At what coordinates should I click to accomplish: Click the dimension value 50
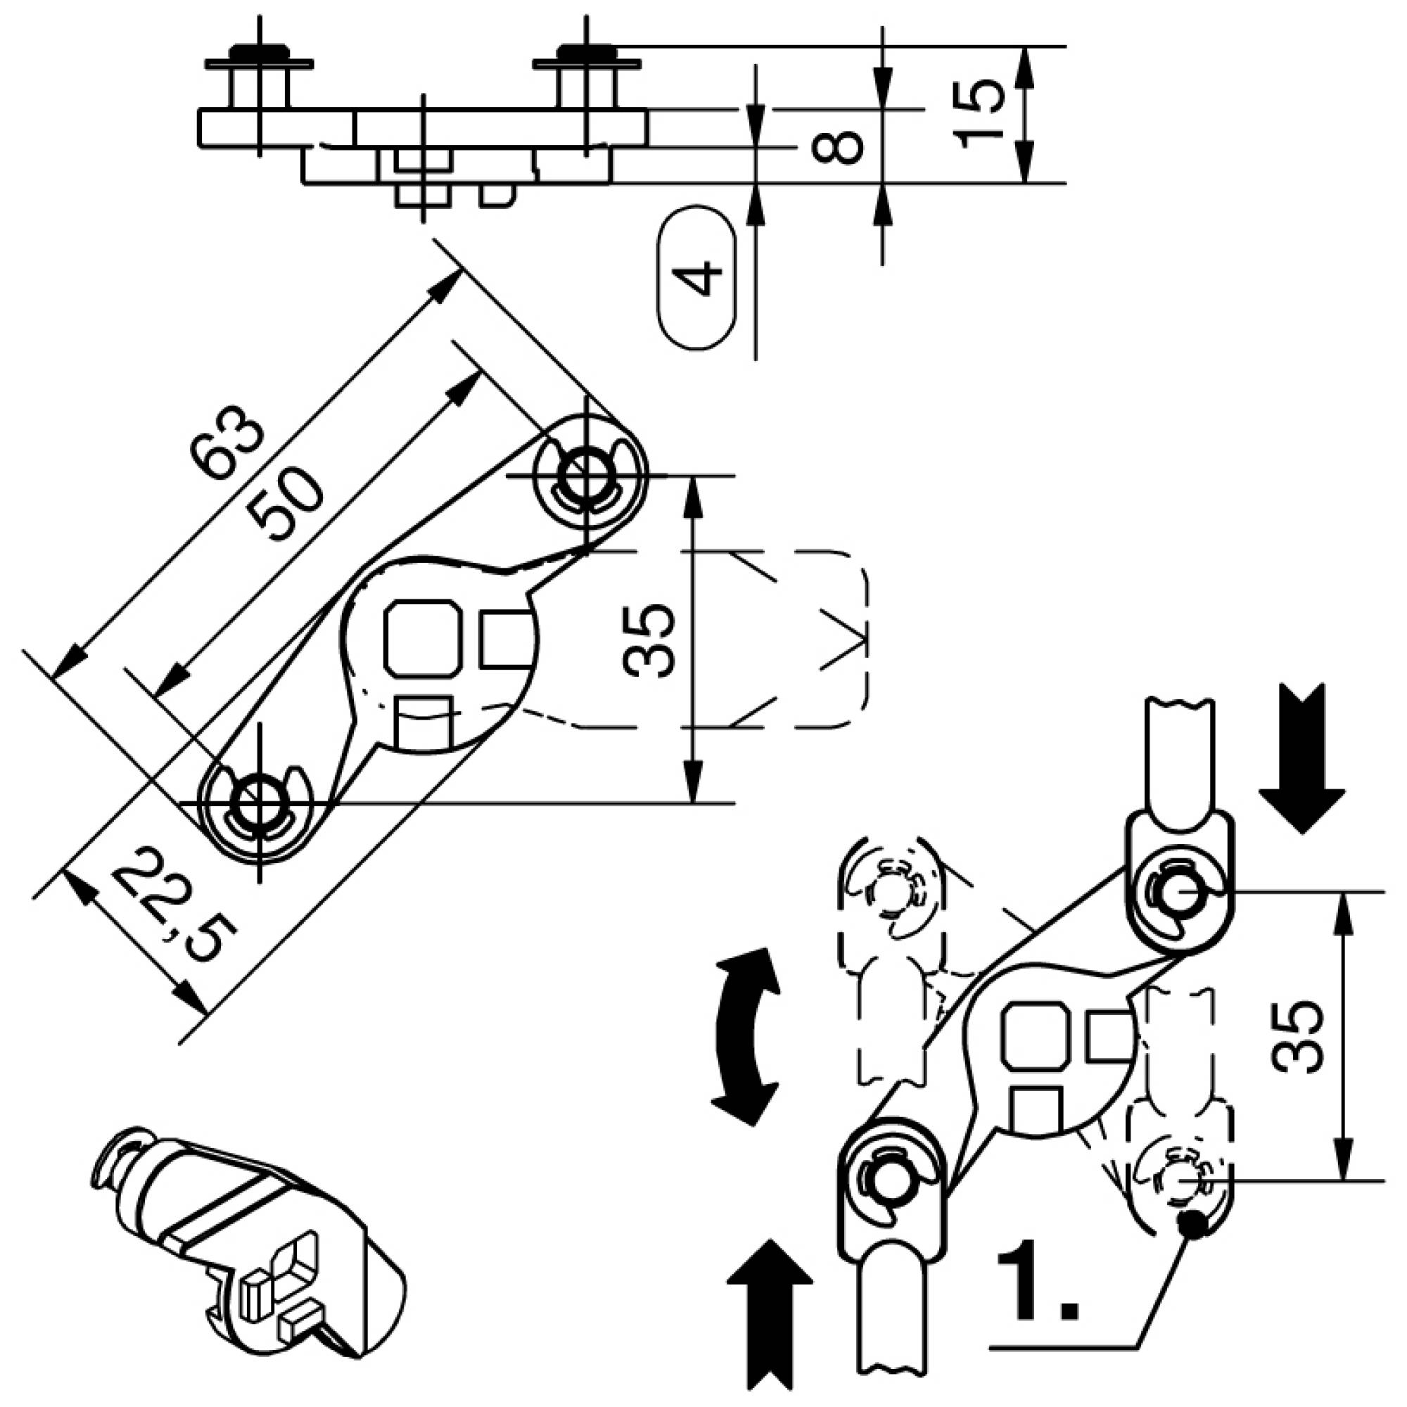[x=284, y=504]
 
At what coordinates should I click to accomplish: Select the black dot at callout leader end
[x=1192, y=1224]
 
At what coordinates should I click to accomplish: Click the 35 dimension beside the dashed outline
[x=649, y=640]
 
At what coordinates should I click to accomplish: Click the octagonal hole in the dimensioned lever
[x=422, y=638]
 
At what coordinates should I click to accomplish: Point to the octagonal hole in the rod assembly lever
[x=1034, y=1033]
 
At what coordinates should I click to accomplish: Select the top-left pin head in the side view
[x=258, y=53]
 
